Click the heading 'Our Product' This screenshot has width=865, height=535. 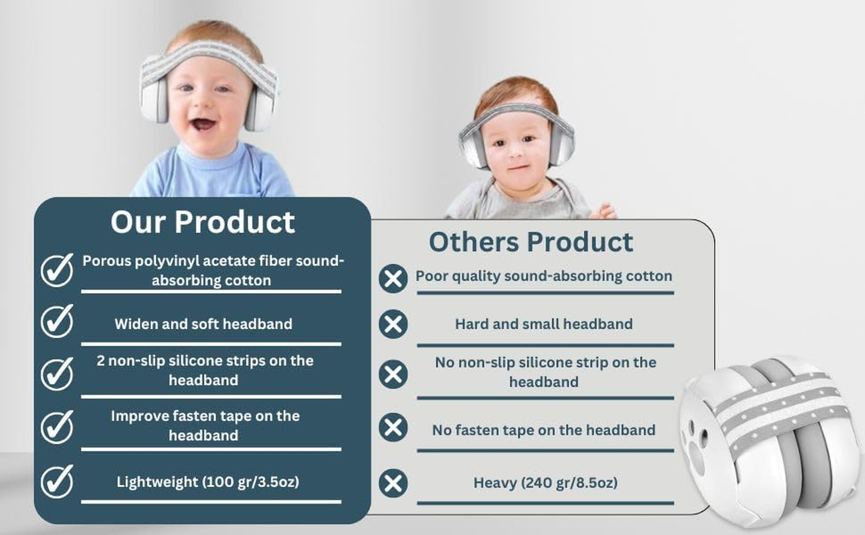pyautogui.click(x=202, y=221)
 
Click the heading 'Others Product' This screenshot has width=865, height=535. pyautogui.click(x=531, y=241)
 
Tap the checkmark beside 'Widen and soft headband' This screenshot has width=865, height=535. pyautogui.click(x=57, y=322)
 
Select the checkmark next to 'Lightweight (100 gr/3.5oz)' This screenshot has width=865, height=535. pyautogui.click(x=57, y=481)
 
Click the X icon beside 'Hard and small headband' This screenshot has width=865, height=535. pyautogui.click(x=393, y=324)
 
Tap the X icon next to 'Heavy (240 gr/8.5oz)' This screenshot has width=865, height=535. pyautogui.click(x=393, y=483)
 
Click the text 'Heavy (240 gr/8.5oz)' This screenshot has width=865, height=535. pyautogui.click(x=545, y=482)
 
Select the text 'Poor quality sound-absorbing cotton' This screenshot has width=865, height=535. pyautogui.click(x=544, y=276)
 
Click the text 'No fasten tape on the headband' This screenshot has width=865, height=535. pyautogui.click(x=543, y=430)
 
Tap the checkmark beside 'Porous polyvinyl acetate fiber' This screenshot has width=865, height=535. pyautogui.click(x=57, y=270)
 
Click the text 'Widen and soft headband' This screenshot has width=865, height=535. pyautogui.click(x=203, y=324)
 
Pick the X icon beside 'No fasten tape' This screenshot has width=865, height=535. pyautogui.click(x=393, y=427)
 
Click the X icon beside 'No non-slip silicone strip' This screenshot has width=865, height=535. pyautogui.click(x=393, y=373)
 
